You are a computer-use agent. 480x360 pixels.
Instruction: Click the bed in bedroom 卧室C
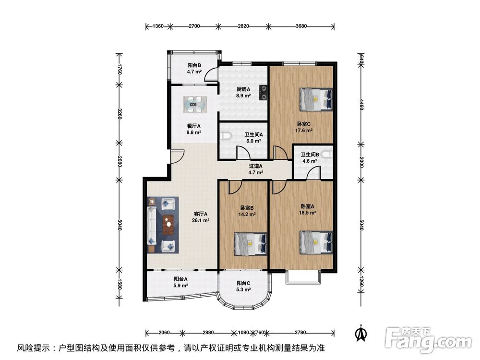point(316,99)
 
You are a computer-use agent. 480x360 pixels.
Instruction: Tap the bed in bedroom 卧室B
point(251,243)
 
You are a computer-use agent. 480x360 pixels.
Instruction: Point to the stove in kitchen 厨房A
point(263,92)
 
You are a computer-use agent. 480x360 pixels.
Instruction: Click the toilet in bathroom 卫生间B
point(327,155)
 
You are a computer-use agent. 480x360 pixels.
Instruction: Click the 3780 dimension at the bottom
point(301,332)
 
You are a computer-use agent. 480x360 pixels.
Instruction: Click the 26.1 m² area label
point(200,221)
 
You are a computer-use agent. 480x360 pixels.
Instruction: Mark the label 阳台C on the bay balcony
point(243,283)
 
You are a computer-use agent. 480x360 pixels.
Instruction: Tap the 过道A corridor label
point(256,166)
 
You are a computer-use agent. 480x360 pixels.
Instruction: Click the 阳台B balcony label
point(194,65)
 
